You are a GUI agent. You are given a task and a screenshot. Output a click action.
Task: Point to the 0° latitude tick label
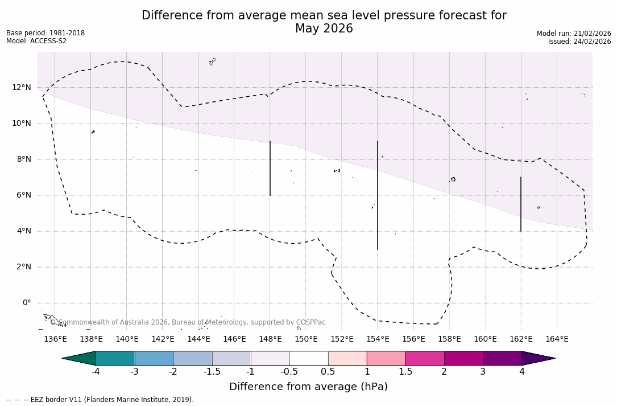(26, 303)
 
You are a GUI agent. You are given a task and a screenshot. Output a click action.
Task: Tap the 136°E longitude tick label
(55, 339)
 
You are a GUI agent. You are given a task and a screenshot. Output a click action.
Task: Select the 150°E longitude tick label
(306, 339)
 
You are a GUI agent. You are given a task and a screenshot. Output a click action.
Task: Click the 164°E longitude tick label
(557, 339)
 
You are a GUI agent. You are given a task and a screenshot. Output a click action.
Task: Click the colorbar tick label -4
(96, 372)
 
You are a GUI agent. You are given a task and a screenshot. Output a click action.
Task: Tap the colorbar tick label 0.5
(328, 372)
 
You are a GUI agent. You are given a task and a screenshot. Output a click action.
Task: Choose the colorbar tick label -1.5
(212, 372)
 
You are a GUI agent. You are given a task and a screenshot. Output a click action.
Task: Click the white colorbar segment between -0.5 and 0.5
(309, 358)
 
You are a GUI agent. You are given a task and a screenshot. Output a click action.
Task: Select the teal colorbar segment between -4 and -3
(115, 358)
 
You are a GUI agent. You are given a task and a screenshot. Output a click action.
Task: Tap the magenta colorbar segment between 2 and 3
(463, 358)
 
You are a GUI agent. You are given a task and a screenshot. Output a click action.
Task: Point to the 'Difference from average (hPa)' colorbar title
(308, 387)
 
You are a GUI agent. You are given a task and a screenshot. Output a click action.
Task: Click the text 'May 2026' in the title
(324, 29)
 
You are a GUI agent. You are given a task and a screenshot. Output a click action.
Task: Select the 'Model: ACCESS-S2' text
(36, 41)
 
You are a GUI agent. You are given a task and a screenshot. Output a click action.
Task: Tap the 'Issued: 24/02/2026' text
(579, 42)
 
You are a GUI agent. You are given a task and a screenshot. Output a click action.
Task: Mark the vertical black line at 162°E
(520, 204)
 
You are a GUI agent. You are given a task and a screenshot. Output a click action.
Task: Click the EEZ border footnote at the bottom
(100, 400)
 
